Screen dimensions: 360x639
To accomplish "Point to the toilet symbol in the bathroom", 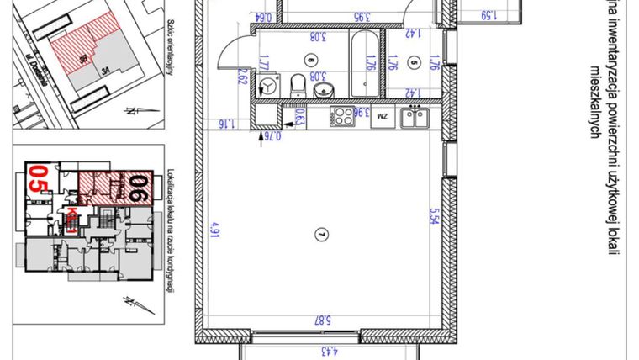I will click(x=296, y=85).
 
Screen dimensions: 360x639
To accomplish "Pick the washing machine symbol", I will click(x=269, y=86).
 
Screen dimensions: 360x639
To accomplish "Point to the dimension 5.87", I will click(x=319, y=320).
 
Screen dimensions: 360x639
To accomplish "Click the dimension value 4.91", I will click(x=215, y=228).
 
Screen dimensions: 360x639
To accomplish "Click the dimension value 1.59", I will click(x=488, y=14).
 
